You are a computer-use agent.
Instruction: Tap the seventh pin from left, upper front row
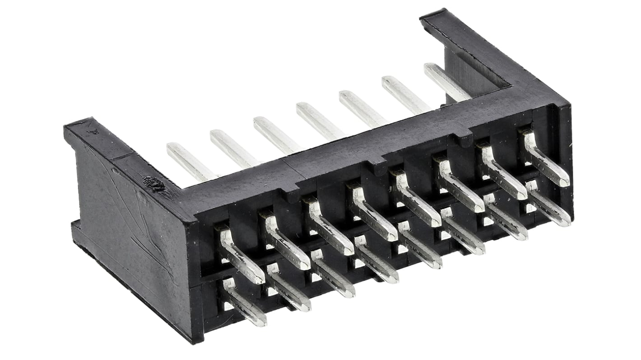click(503, 172)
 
